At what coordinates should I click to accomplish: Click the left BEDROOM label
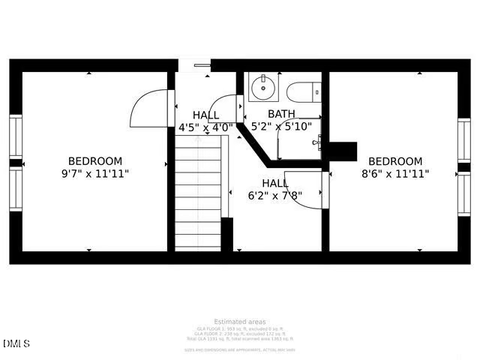pos(95,161)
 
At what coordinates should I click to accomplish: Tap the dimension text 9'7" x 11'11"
pos(95,174)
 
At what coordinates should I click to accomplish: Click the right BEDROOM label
pos(395,161)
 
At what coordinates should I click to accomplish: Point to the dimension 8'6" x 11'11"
pos(395,174)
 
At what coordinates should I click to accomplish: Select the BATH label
pos(281,114)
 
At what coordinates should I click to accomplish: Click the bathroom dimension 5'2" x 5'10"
pos(281,127)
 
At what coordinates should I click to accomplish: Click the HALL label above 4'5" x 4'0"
pos(205,115)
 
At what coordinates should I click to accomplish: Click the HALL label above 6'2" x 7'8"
pos(275,184)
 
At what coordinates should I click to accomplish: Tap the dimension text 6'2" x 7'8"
pos(275,196)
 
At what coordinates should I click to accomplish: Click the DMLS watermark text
pos(16,344)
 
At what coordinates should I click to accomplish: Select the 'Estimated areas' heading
pos(240,322)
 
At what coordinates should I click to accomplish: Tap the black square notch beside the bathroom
pos(343,151)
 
